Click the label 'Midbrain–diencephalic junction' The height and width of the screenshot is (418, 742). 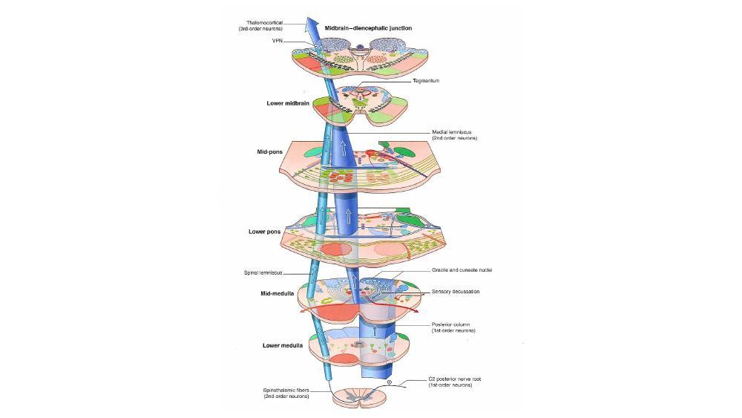tap(368, 27)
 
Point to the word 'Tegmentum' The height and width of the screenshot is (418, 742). tap(427, 80)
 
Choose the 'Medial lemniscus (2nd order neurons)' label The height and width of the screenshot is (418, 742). tap(454, 135)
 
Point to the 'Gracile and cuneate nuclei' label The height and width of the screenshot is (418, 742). tap(462, 270)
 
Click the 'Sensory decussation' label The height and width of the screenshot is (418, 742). tap(456, 292)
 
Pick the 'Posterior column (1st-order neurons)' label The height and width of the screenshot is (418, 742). tap(453, 327)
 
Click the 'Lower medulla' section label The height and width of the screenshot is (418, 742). tap(282, 345)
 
